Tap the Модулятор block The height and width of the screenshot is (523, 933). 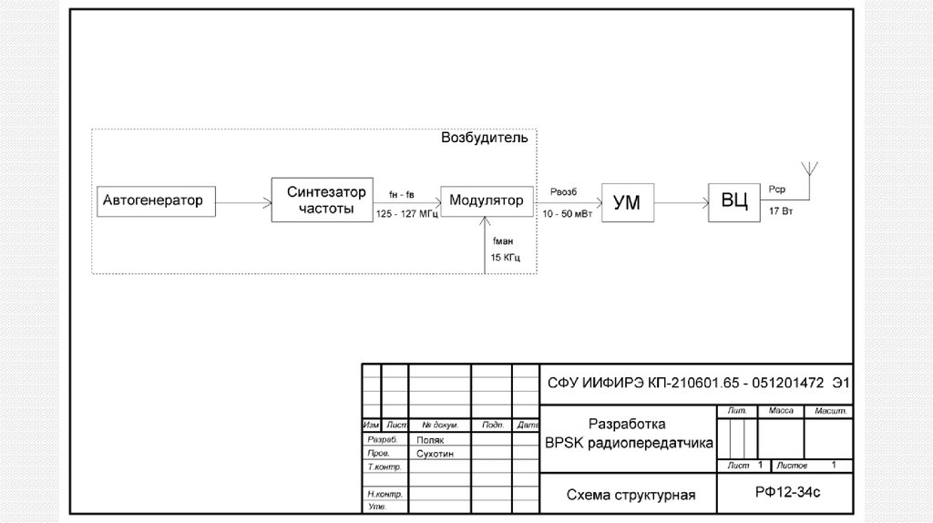487,200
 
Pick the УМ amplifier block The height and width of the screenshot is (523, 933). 626,203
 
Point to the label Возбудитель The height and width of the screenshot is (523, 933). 484,138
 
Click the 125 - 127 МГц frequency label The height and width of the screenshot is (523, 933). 407,213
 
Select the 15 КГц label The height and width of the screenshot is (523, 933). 506,259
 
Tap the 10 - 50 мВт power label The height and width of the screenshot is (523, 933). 566,213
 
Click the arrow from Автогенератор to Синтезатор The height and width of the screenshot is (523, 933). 243,201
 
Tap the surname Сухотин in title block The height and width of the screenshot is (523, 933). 434,453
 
